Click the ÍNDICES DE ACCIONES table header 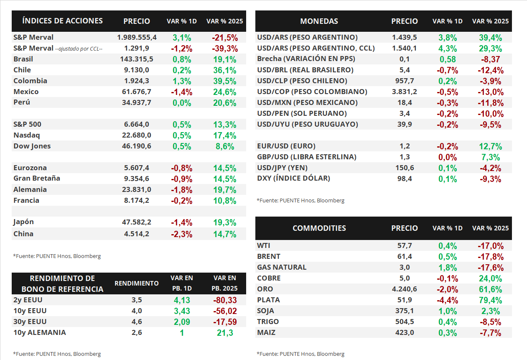click(62, 21)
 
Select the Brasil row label click(23, 59)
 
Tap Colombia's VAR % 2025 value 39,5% click(225, 81)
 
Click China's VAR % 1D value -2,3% click(181, 234)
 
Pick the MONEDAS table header click(319, 21)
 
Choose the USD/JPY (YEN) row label click(282, 168)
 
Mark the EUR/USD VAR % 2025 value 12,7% click(491, 146)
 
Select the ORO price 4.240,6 click(404, 289)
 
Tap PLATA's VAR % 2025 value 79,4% click(491, 300)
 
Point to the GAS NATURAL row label click(282, 267)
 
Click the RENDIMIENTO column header click(137, 283)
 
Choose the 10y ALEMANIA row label click(40, 333)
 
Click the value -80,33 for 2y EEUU click(225, 300)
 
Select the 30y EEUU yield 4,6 click(137, 322)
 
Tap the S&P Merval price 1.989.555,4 click(137, 37)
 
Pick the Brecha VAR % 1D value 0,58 click(447, 59)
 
